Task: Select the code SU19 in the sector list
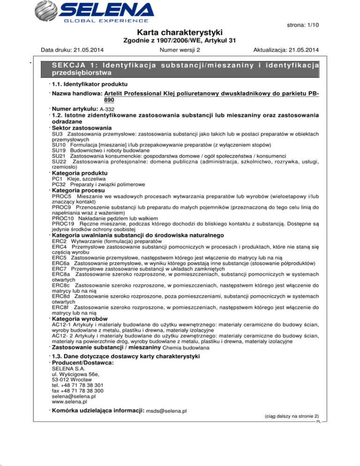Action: click(x=59, y=150)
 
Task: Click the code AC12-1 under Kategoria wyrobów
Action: click(x=62, y=324)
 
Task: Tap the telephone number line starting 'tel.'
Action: click(x=78, y=385)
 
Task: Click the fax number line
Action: click(x=77, y=391)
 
